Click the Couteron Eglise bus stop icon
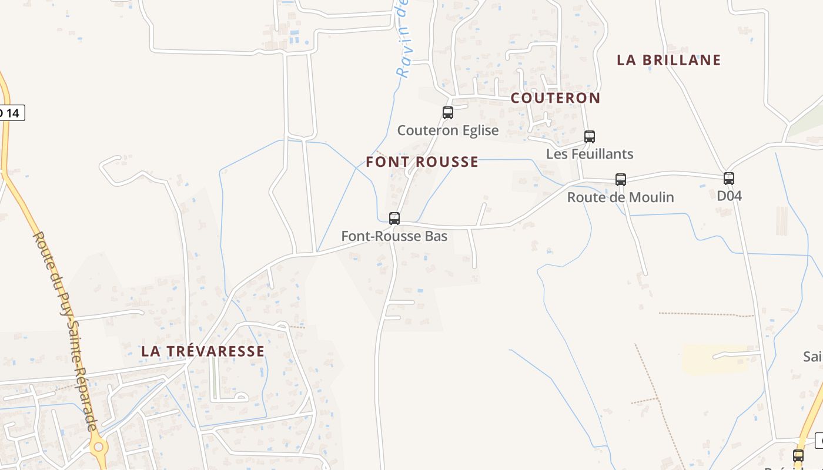pos(448,113)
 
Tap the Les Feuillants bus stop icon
pos(590,137)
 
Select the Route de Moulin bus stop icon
pos(621,180)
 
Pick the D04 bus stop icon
pos(729,179)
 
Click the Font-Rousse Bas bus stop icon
pos(394,219)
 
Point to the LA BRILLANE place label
pos(669,60)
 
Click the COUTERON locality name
pos(556,98)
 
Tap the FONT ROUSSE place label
pos(422,162)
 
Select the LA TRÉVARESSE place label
pos(203,351)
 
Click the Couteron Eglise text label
pos(448,130)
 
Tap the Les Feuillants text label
pos(590,154)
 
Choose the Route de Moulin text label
pos(620,197)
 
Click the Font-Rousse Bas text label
pos(394,236)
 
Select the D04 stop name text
pos(729,196)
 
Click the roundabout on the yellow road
pos(98,447)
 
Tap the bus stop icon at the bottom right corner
pos(798,455)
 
